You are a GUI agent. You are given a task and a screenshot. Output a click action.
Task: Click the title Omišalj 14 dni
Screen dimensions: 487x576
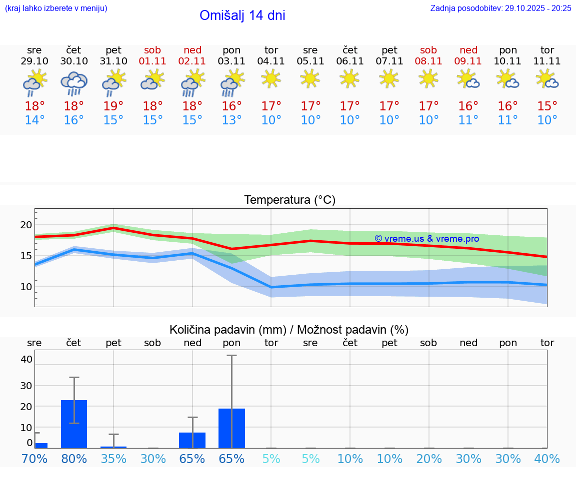(x=242, y=15)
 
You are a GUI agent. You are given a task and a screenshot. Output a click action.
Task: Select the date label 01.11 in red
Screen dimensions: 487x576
(x=152, y=61)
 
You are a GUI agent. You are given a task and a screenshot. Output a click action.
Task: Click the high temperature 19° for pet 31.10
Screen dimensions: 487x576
(x=113, y=106)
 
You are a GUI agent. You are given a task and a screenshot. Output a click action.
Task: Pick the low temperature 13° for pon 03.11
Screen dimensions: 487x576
(x=231, y=120)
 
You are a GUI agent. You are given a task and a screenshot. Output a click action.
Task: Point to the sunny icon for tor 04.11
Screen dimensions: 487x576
(x=271, y=78)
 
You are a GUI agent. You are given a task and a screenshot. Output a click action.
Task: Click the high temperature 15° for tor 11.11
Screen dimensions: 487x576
(x=547, y=106)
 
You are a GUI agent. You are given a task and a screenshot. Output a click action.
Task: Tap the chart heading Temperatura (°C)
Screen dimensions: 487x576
(x=289, y=200)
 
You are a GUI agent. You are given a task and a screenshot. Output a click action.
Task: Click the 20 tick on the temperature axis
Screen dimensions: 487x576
(x=26, y=225)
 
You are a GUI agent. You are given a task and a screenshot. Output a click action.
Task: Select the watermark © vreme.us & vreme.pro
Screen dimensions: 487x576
(x=426, y=239)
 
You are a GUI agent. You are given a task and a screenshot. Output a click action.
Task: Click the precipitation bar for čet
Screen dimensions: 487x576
(x=74, y=424)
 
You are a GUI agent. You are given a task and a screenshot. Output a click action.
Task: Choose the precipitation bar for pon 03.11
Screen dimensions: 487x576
(x=231, y=428)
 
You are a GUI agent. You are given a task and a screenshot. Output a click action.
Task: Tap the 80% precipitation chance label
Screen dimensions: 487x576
(x=74, y=459)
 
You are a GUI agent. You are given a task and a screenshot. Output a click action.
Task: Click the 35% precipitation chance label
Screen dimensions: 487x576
(x=113, y=459)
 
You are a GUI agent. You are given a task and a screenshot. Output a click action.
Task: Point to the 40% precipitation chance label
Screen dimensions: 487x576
(x=547, y=459)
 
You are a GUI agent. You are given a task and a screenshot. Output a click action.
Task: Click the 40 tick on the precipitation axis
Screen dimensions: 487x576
(x=26, y=359)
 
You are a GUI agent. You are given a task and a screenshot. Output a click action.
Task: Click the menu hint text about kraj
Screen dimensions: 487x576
(x=56, y=8)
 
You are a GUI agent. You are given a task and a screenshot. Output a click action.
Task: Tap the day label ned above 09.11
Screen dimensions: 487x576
(x=468, y=50)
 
